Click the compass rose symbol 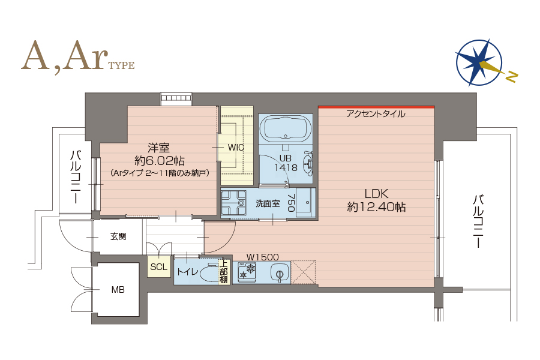tap(479, 63)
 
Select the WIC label tap(236, 148)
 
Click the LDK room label tap(376, 193)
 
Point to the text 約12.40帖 tap(376, 206)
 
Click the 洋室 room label tap(159, 148)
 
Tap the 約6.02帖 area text tap(160, 161)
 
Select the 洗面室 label tap(268, 203)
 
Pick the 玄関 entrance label tap(118, 236)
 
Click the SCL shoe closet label tap(159, 266)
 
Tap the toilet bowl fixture tap(208, 274)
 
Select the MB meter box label tap(118, 290)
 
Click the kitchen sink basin tap(279, 272)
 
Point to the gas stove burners tap(247, 271)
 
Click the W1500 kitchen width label tap(262, 257)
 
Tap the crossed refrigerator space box tap(304, 272)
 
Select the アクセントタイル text tap(376, 113)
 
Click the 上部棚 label tap(224, 271)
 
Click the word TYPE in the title tap(122, 65)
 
